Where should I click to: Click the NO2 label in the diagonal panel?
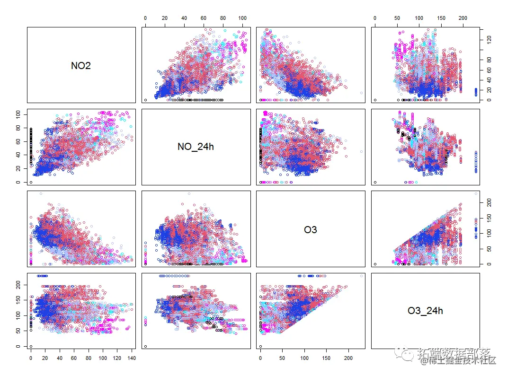tap(81, 66)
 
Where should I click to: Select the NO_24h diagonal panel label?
tap(196, 147)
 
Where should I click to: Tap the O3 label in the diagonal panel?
tap(311, 230)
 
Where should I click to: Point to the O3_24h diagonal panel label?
tap(425, 311)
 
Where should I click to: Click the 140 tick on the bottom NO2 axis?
tap(131, 359)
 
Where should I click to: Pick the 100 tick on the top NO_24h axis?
tap(242, 18)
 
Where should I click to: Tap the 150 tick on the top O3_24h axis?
tap(441, 18)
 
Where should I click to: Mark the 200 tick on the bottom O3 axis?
tap(348, 359)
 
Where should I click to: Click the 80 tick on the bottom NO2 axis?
tap(88, 359)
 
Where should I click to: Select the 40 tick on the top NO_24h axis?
tap(184, 18)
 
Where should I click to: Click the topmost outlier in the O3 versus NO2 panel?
tap(41, 193)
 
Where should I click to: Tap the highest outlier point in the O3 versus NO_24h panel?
tap(189, 193)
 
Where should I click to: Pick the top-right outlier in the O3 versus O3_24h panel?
tap(476, 193)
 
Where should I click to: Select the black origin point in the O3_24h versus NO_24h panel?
tap(145, 346)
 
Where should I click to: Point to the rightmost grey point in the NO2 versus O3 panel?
tap(361, 93)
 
